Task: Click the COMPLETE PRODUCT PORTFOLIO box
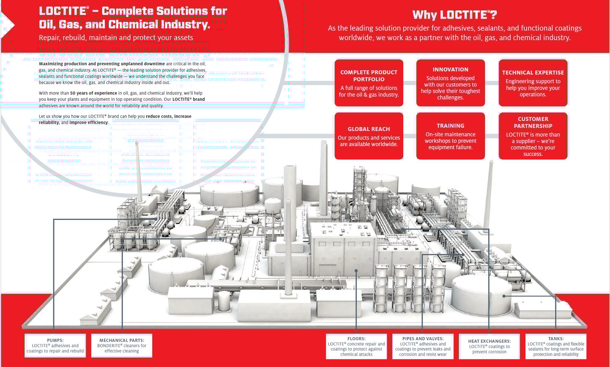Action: pyautogui.click(x=369, y=83)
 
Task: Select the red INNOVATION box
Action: pyautogui.click(x=450, y=83)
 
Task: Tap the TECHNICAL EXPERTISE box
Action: pyautogui.click(x=533, y=83)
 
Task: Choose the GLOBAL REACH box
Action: pyautogui.click(x=369, y=136)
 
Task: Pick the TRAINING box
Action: pyautogui.click(x=450, y=136)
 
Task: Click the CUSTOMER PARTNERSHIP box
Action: pyautogui.click(x=533, y=136)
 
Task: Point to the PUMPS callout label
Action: pyautogui.click(x=55, y=346)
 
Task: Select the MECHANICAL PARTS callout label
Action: pyautogui.click(x=122, y=346)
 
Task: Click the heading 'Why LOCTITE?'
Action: pyautogui.click(x=455, y=15)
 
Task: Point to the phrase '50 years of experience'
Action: pyautogui.click(x=94, y=93)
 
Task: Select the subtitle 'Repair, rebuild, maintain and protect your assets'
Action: pyautogui.click(x=116, y=38)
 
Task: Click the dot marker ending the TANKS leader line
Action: pyautogui.click(x=504, y=296)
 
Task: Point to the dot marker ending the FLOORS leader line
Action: pyautogui.click(x=356, y=270)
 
